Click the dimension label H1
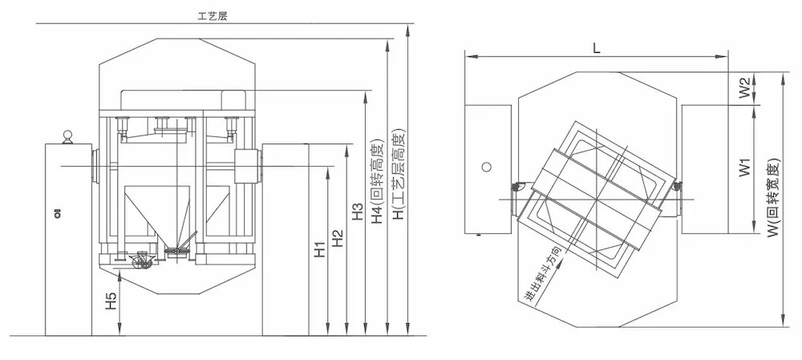click(319, 249)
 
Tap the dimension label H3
click(358, 212)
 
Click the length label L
click(595, 47)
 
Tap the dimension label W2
click(744, 87)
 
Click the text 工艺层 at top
click(213, 15)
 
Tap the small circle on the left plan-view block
click(485, 167)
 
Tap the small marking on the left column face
click(58, 212)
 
